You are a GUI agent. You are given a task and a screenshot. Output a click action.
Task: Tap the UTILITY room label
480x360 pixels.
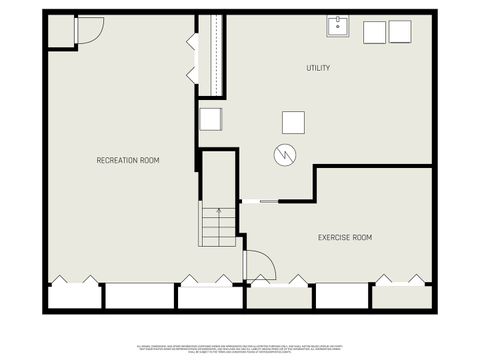pos(318,68)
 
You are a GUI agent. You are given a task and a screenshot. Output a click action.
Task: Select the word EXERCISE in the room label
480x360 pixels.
pos(334,238)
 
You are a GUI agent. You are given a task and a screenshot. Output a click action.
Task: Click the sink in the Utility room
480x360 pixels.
pos(337,27)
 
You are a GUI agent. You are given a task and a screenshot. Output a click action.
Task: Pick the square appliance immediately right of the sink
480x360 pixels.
pos(374,32)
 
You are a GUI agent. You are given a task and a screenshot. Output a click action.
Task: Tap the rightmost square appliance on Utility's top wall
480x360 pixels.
pos(399,32)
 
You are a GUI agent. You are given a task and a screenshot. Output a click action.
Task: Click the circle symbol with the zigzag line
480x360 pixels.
pos(285,156)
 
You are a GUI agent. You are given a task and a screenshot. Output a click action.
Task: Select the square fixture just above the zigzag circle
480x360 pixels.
pos(292,122)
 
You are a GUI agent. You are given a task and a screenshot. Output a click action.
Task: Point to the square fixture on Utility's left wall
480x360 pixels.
pos(210,119)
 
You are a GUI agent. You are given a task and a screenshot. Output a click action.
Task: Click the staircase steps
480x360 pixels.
pos(217,226)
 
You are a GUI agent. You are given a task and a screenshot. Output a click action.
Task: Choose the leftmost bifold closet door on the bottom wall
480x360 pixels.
pos(73,280)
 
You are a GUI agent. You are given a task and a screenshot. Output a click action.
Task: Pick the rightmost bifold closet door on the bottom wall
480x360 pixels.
pos(402,280)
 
